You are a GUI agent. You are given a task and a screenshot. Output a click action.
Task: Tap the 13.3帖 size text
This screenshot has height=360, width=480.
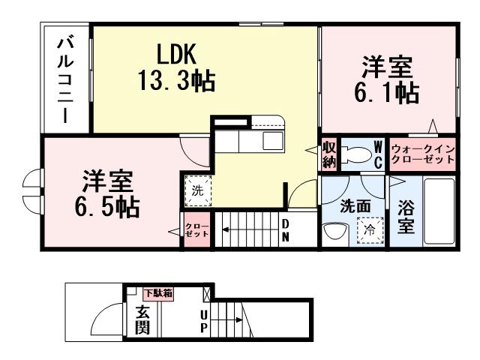pyautogui.click(x=176, y=79)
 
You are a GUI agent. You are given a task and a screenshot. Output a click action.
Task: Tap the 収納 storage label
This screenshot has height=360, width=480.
pyautogui.click(x=328, y=152)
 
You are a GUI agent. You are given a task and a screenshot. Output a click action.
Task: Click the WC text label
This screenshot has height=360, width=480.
pyautogui.click(x=378, y=152)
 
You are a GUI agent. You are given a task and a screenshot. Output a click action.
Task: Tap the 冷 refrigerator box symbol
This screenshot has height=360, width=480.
pyautogui.click(x=370, y=229)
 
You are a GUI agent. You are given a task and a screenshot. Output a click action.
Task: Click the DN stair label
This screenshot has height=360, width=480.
pyautogui.click(x=286, y=229)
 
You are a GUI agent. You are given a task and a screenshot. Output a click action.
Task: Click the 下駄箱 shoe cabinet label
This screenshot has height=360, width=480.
pyautogui.click(x=158, y=292)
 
